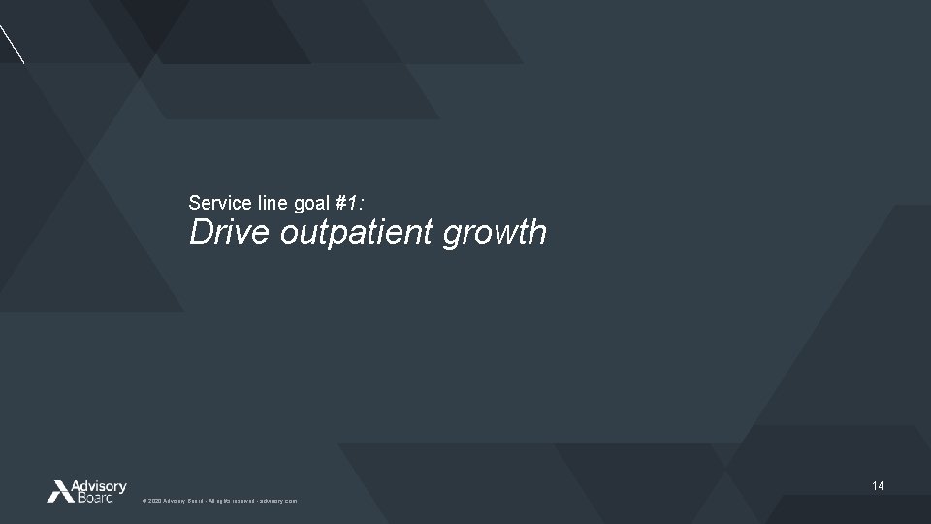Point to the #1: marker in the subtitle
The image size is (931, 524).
coord(350,203)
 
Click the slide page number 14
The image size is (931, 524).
coord(878,485)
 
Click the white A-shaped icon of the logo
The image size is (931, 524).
coord(60,491)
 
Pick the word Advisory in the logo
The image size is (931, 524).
coord(100,485)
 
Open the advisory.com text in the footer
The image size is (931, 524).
coord(278,501)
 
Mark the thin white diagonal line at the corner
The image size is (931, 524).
coord(12,43)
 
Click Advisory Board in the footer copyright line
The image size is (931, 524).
coord(182,501)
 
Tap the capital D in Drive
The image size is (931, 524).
coord(200,233)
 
